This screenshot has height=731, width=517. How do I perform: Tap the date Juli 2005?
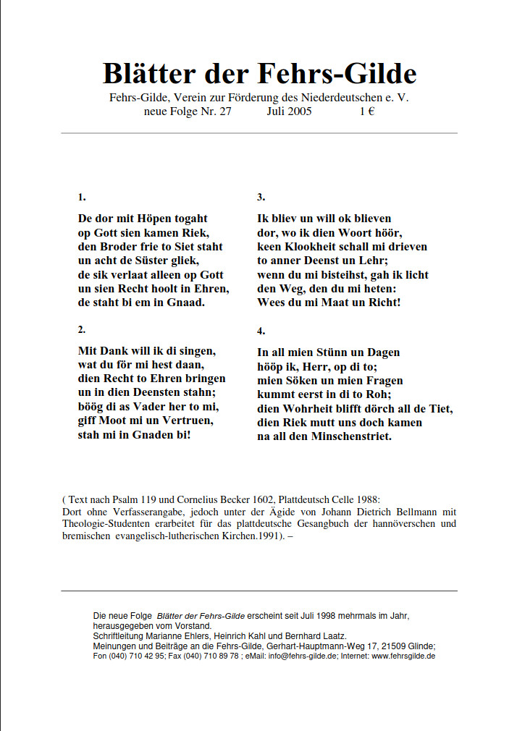(x=290, y=111)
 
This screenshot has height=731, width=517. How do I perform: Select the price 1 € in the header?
(x=366, y=111)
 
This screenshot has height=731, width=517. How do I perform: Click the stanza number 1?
(x=82, y=197)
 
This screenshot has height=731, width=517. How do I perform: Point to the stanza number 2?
(x=82, y=329)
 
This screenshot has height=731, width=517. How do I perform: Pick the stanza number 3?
(x=261, y=197)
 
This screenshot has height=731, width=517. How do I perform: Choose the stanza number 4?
(x=261, y=331)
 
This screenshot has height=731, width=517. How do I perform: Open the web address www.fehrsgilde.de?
(x=404, y=656)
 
